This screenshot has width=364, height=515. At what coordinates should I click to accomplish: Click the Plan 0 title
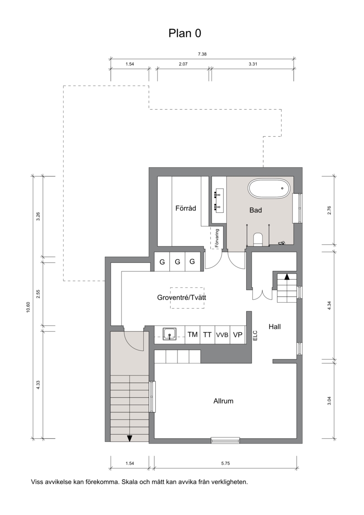coord(185,33)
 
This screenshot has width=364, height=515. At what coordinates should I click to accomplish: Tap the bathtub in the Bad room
coord(269,189)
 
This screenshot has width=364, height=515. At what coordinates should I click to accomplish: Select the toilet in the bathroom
coord(258,239)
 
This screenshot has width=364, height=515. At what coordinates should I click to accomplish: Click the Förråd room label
coord(186,208)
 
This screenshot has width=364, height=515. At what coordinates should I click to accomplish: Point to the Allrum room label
coord(223,401)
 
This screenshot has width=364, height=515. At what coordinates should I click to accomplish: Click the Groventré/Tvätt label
coord(182,298)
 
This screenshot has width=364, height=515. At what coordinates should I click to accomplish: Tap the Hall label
coord(274,326)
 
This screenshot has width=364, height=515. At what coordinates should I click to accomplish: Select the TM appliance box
coord(192,335)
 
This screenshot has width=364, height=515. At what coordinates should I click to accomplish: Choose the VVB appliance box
coord(222,335)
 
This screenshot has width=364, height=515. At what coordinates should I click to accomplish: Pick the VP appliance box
coord(238,335)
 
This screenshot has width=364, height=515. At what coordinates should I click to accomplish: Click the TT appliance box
coord(207,335)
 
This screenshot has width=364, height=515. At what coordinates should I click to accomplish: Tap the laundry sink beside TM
coord(170,334)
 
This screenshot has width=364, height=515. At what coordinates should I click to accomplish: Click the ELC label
coord(256,335)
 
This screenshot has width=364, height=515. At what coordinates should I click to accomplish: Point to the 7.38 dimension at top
coord(202,54)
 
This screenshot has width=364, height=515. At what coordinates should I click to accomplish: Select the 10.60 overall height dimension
coord(28,307)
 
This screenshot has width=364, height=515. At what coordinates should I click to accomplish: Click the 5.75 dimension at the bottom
coord(225,464)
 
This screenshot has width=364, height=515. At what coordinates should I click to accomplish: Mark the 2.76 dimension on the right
coord(329,210)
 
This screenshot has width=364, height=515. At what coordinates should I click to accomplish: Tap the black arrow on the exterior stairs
coord(130,438)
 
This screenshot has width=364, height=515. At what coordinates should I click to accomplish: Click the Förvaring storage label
coord(217,238)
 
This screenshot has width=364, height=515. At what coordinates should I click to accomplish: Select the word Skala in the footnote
coord(130,482)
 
